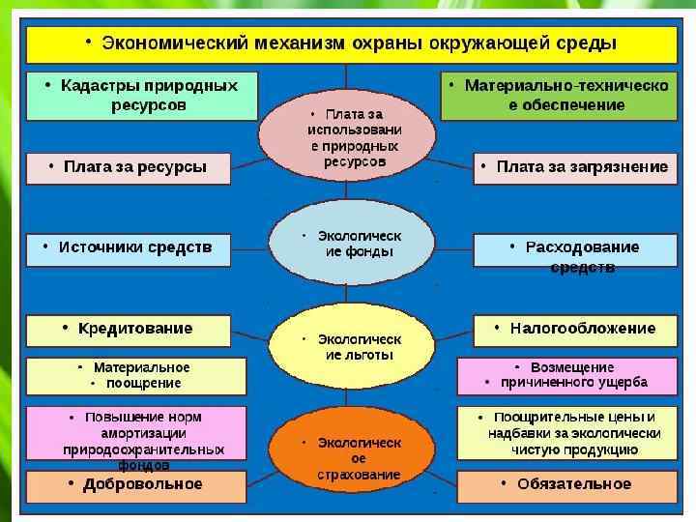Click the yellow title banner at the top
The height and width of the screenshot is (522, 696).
(x=350, y=44)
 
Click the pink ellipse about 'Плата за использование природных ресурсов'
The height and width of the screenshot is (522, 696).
(x=348, y=137)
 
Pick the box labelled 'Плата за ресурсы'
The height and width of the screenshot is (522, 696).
(x=129, y=167)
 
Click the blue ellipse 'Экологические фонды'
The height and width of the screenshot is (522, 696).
(x=348, y=244)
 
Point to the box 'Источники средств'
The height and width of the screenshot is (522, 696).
(x=129, y=248)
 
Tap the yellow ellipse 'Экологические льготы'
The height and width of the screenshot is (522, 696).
(x=348, y=347)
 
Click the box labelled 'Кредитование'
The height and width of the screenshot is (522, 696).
(x=129, y=330)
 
